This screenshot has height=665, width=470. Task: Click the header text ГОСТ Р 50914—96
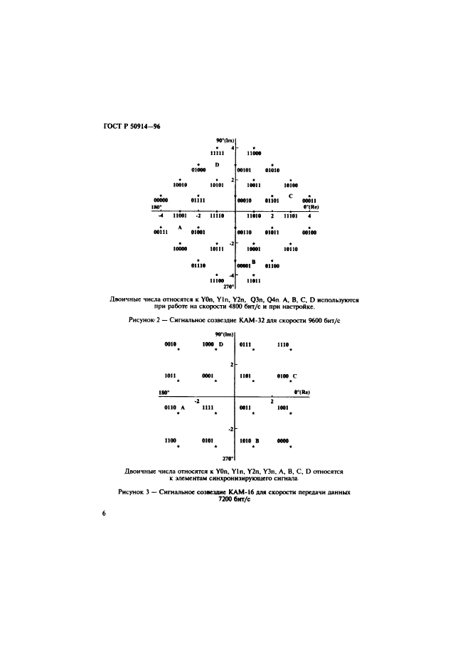coord(132,127)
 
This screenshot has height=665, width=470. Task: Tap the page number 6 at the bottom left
coord(105,514)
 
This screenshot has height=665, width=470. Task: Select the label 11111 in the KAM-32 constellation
coord(218,153)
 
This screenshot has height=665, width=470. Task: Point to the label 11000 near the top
coord(255,153)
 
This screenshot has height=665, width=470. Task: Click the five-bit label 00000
coord(161,200)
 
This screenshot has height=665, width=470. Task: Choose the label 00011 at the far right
coord(309,201)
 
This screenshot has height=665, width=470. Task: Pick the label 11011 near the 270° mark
coord(253,281)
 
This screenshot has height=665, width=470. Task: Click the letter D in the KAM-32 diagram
coord(217,165)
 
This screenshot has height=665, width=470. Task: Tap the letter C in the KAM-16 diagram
coord(294,376)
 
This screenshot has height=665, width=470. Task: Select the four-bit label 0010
coord(171,344)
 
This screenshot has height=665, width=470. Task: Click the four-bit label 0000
coord(283,441)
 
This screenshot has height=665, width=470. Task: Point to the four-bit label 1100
coord(171,441)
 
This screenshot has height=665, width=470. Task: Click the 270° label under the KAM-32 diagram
coord(229,287)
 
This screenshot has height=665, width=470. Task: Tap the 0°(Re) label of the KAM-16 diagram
coord(301,393)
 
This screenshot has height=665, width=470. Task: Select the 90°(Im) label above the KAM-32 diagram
coord(225,140)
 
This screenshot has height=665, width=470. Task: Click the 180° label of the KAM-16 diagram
coord(164,393)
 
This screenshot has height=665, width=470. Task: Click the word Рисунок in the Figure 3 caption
coord(131,492)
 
